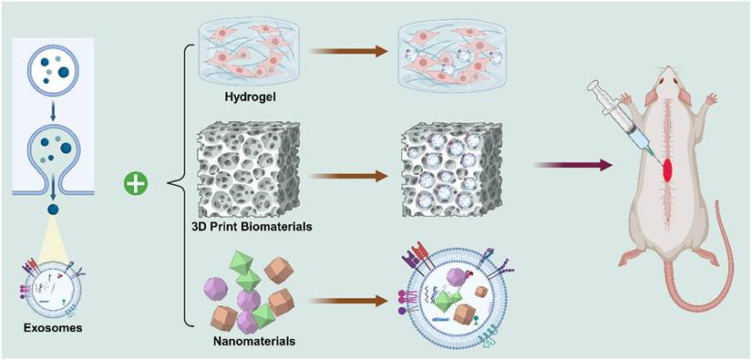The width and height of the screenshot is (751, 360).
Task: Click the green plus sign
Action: (136, 184)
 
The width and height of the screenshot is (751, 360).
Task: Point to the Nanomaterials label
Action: (253, 342)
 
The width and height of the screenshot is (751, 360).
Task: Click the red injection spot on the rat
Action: (666, 171)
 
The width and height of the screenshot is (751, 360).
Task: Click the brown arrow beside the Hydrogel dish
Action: (349, 50)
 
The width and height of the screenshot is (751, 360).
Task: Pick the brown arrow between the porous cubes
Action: (349, 176)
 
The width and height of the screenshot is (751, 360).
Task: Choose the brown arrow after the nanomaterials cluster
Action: (349, 302)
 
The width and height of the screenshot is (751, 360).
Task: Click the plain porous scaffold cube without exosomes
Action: (249, 170)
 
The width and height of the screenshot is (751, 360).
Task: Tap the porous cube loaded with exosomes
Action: (451, 170)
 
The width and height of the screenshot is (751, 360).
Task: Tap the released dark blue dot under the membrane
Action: (53, 210)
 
